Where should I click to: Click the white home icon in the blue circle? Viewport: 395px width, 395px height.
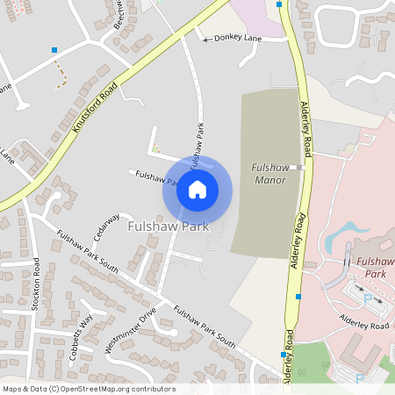[197, 189]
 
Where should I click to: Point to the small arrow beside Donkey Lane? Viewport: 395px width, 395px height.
[207, 39]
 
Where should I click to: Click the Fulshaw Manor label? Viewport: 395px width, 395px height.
[269, 173]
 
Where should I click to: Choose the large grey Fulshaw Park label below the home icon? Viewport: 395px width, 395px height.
[167, 226]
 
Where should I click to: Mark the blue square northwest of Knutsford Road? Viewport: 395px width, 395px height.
[54, 50]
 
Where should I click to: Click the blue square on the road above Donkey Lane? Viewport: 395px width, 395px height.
[279, 4]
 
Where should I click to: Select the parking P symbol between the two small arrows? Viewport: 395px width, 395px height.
[366, 298]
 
